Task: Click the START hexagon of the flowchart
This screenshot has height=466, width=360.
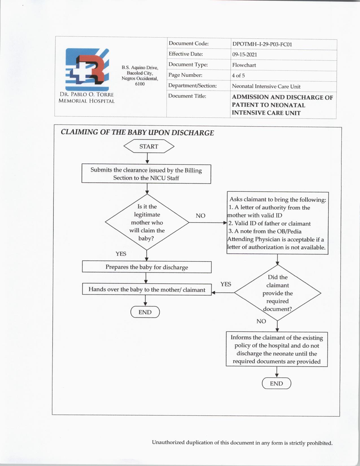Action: tap(149, 147)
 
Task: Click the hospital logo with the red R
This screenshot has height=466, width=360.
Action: tap(87, 69)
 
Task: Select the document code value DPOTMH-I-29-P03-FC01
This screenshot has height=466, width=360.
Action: tap(262, 44)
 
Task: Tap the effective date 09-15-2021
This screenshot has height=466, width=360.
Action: tap(245, 55)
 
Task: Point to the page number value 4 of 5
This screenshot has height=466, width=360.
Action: tap(238, 75)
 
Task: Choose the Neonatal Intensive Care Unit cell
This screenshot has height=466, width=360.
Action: tap(266, 86)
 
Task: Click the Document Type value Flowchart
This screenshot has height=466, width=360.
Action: tap(244, 65)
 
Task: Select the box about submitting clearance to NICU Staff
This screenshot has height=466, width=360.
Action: tap(146, 174)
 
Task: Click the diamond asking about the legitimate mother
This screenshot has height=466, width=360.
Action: tap(147, 222)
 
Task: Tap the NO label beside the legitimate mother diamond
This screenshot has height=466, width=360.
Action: tap(200, 216)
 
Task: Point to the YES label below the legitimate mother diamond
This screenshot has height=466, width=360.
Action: tap(121, 254)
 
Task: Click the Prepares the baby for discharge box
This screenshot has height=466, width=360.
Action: tap(147, 267)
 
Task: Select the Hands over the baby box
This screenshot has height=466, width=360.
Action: tap(147, 289)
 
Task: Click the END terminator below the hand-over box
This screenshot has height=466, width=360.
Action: tap(145, 312)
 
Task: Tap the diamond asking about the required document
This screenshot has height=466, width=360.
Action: tap(278, 293)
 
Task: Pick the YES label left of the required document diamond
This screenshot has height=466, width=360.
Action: tap(226, 284)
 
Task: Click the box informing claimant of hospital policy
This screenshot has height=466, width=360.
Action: tap(276, 349)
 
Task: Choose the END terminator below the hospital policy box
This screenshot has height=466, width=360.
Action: tap(276, 383)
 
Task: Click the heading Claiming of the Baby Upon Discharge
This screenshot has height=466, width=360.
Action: tap(137, 132)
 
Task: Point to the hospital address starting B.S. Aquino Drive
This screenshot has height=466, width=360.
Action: tap(140, 76)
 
